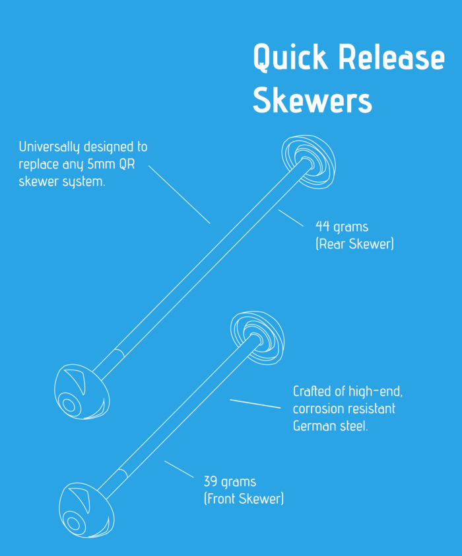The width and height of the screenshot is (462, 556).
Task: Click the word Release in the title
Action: pyautogui.click(x=392, y=58)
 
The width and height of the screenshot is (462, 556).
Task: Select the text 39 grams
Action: pyautogui.click(x=230, y=481)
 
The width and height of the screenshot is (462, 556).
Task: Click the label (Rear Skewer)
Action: pyautogui.click(x=354, y=245)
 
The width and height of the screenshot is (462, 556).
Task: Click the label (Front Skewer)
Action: pyautogui.click(x=244, y=498)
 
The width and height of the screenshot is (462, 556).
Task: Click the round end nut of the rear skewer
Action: pyautogui.click(x=309, y=163)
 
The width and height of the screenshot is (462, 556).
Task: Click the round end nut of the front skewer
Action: pyautogui.click(x=257, y=337)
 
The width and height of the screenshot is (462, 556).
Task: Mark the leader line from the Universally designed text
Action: pyautogui.click(x=179, y=194)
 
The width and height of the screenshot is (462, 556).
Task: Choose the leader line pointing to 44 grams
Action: pyautogui.click(x=292, y=219)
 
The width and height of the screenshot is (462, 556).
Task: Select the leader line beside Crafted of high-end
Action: pyautogui.click(x=255, y=403)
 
